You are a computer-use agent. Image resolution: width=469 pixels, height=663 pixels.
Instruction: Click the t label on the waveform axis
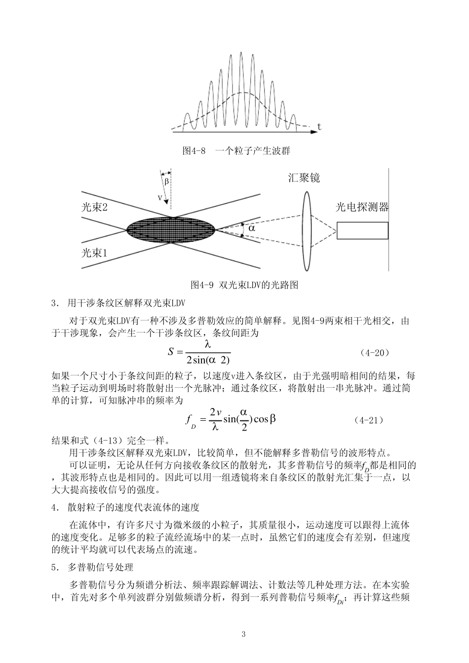(x=319, y=127)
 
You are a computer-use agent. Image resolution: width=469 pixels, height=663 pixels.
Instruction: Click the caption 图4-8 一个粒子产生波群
(x=236, y=150)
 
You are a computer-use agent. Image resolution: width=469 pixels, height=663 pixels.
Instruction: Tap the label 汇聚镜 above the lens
(x=304, y=178)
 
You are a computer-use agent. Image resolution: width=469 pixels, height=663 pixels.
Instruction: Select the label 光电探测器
(x=362, y=207)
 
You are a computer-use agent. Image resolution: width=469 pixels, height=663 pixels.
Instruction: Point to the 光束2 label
(x=94, y=207)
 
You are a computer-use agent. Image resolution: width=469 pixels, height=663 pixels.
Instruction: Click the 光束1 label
(x=94, y=253)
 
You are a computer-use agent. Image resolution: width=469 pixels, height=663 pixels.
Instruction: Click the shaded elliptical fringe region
(x=171, y=229)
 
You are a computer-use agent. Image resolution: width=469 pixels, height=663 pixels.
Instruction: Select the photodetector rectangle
(x=362, y=230)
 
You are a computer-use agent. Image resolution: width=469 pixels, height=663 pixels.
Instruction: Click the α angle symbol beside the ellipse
(x=252, y=228)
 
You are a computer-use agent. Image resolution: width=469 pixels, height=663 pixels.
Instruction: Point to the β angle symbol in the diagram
(x=166, y=181)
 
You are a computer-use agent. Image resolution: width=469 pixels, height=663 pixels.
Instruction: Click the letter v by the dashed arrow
(x=159, y=197)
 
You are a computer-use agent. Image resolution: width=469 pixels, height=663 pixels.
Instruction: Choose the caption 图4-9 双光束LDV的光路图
(x=244, y=285)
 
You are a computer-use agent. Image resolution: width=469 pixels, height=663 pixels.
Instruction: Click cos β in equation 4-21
(x=266, y=419)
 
